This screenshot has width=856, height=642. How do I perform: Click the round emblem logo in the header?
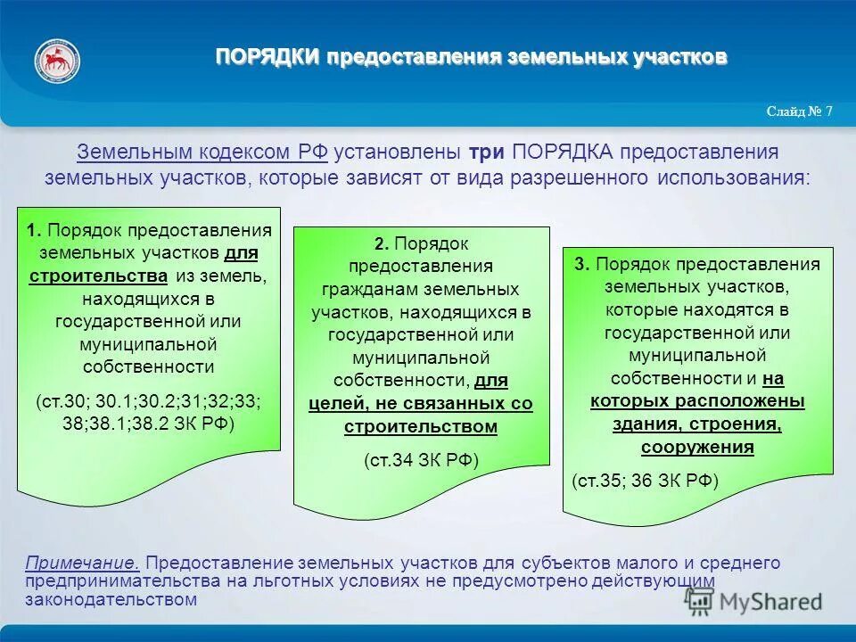tap(57, 61)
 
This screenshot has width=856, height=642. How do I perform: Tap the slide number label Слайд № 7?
tap(799, 111)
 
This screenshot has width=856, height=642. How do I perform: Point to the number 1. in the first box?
tap(34, 230)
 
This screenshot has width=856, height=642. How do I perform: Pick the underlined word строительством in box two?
tap(421, 426)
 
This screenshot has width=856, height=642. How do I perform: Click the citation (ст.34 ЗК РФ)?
tap(421, 460)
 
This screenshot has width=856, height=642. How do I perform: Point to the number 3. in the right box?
tap(582, 264)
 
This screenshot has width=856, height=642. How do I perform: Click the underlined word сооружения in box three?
tap(696, 448)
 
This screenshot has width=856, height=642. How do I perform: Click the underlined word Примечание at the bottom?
tap(82, 564)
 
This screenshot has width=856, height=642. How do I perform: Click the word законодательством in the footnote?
tap(111, 599)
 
